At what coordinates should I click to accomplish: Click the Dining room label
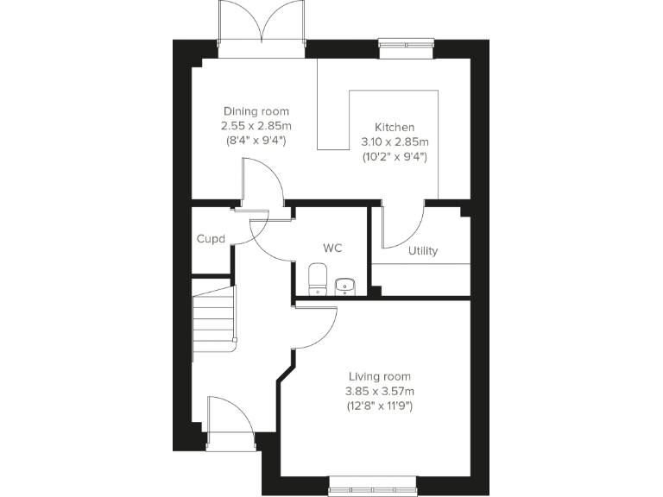coord(256,111)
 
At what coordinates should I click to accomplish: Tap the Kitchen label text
coord(394,127)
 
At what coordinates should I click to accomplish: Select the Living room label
coord(379,376)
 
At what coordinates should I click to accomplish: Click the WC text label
coord(332,248)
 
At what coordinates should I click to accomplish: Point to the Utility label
coord(423,251)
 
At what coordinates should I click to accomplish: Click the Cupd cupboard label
coord(212,238)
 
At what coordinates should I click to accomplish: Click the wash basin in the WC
coord(345,285)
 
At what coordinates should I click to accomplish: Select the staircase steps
coord(213,316)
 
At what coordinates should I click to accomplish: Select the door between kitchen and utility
coord(402,223)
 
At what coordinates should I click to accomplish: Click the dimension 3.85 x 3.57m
coord(379,391)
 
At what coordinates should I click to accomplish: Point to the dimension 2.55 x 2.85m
coord(256,126)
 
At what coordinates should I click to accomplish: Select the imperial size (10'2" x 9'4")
coord(394,156)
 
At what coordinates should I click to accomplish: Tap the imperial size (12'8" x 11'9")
coord(379,406)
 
